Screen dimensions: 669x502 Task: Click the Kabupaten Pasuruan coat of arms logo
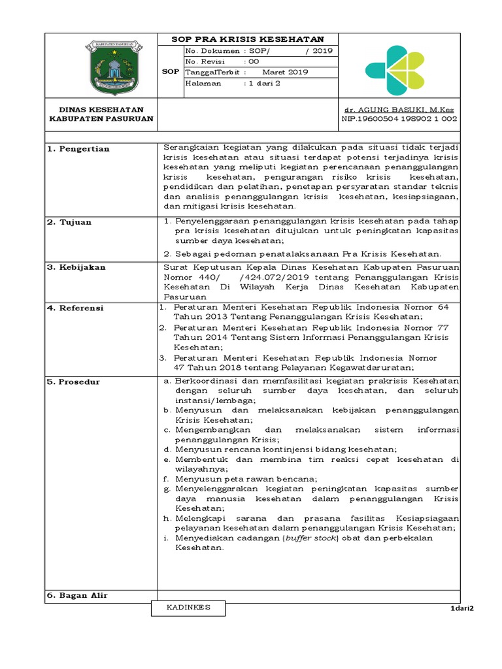pos(110,67)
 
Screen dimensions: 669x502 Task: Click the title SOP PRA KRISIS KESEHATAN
pos(247,39)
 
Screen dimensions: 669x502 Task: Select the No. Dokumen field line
pos(259,50)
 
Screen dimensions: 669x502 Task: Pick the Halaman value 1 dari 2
pos(261,84)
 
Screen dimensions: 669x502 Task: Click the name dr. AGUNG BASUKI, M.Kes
pos(399,109)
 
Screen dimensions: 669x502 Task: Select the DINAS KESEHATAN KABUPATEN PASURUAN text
pos(101,114)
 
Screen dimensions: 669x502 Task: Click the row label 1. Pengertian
pos(78,149)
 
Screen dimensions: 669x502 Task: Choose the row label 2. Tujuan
pos(69,222)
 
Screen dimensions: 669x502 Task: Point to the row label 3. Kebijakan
pos(76,267)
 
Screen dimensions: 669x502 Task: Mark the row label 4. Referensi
pos(75,308)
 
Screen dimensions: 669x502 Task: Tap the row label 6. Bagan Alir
pos(77,595)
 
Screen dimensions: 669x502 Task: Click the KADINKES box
pos(190,608)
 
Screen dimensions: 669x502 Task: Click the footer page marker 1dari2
pos(461,609)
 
